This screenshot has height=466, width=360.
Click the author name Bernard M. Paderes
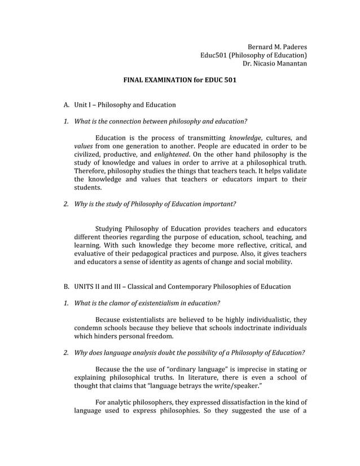point(278,46)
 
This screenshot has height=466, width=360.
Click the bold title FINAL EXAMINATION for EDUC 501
point(179,80)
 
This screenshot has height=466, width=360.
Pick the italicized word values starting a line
point(84,146)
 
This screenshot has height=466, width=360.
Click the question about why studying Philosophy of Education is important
point(155,203)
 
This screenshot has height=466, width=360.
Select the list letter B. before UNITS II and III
point(66,287)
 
